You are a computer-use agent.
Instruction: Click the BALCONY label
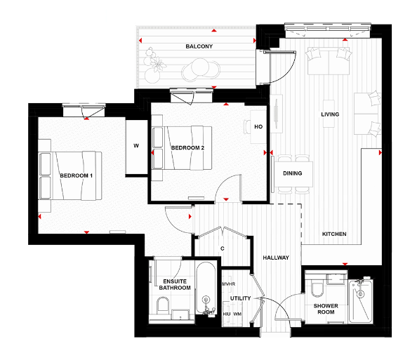[199, 46]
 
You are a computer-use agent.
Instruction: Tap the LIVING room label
[330, 114]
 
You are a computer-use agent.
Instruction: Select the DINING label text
[292, 173]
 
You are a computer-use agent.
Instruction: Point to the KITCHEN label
[334, 234]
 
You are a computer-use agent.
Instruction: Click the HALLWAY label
[276, 258]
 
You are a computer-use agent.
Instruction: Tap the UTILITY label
[240, 298]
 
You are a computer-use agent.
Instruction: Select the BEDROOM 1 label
[77, 175]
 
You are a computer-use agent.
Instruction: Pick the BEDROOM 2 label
[187, 148]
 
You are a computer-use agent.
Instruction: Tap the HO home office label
[258, 127]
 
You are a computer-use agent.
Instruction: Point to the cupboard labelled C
[222, 248]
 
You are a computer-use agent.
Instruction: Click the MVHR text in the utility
[228, 284]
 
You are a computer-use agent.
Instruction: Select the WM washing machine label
[237, 314]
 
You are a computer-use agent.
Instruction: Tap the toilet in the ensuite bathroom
[163, 306]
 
